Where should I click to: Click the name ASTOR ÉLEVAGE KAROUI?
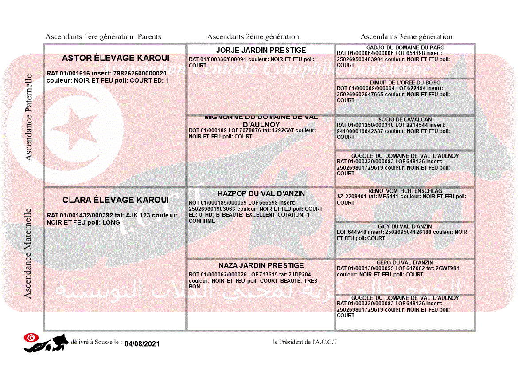tap(116, 58)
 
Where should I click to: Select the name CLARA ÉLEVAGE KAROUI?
tap(116, 200)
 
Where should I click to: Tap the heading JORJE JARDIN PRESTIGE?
tap(261, 50)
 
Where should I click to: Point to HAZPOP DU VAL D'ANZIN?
tap(261, 194)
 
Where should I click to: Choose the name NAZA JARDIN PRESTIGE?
tap(261, 265)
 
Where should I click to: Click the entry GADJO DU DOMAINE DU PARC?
tap(405, 47)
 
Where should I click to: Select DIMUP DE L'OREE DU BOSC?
tap(405, 83)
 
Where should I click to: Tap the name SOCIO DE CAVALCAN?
tap(405, 119)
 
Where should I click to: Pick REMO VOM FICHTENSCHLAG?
tap(405, 191)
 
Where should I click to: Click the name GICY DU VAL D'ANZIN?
tap(405, 226)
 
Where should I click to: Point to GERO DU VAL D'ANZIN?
tap(405, 263)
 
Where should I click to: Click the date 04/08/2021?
tap(142, 344)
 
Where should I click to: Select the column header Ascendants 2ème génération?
tap(253, 37)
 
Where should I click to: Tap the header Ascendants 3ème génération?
tap(406, 37)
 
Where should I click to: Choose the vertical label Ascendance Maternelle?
tap(29, 253)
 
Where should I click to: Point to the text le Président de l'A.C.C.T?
tap(305, 342)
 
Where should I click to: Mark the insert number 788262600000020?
tap(140, 73)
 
